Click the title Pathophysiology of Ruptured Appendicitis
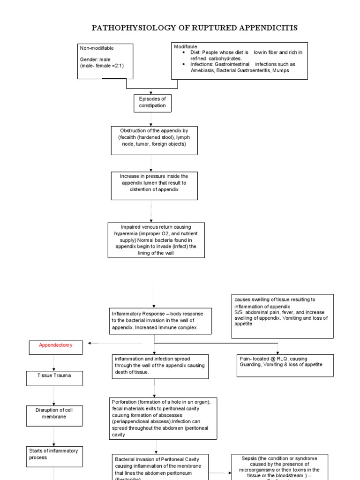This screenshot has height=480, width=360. pyautogui.click(x=194, y=28)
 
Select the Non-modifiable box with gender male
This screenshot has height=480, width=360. pyautogui.click(x=105, y=61)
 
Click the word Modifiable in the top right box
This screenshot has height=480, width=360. pyautogui.click(x=186, y=47)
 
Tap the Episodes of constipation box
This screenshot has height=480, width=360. pyautogui.click(x=152, y=102)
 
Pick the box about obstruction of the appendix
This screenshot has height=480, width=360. pyautogui.click(x=154, y=140)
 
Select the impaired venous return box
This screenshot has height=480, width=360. pyautogui.click(x=156, y=240)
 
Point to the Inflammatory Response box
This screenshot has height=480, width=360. pyautogui.click(x=154, y=321)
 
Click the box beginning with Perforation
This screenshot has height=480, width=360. pyautogui.click(x=163, y=418)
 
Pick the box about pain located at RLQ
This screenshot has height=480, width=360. pyautogui.click(x=279, y=365)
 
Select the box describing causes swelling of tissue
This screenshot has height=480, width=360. pyautogui.click(x=283, y=315)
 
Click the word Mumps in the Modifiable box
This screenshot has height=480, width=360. pyautogui.click(x=279, y=70)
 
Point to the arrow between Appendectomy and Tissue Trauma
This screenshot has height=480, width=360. pyautogui.click(x=54, y=363)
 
